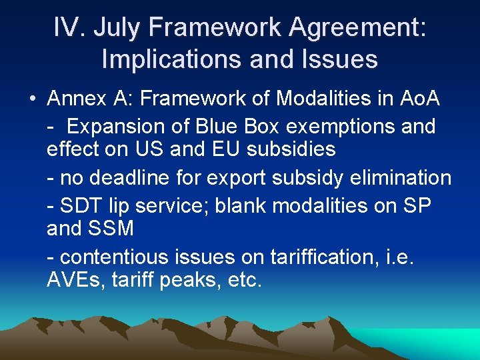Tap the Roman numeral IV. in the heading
click(x=70, y=28)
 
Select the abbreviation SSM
click(x=109, y=229)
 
